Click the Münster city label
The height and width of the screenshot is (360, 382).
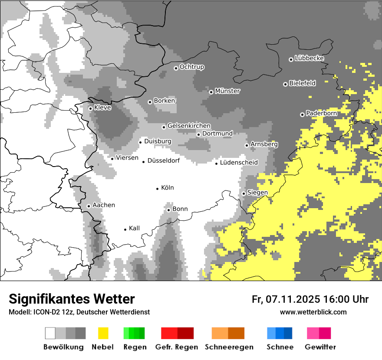point(227,91)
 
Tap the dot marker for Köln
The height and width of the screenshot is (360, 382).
point(158,189)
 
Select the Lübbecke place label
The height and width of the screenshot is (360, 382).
point(309,58)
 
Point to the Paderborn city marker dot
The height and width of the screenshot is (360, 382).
point(302,115)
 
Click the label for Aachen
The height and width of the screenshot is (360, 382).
point(104,205)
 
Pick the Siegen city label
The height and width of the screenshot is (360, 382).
point(257,193)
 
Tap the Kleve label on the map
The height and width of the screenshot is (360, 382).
point(102,108)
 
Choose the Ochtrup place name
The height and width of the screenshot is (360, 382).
point(192,67)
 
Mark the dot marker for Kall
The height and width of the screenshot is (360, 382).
point(125,229)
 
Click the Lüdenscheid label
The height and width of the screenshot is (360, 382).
point(239,163)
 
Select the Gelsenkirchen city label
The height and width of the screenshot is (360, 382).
point(189,126)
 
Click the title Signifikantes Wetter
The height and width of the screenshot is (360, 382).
point(72,299)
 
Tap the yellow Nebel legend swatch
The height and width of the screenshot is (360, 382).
point(103,333)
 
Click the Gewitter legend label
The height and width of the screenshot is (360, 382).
point(320,347)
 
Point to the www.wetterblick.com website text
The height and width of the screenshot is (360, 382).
point(313,312)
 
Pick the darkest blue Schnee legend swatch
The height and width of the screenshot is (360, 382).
point(288,333)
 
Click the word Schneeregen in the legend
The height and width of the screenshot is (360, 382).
point(229,347)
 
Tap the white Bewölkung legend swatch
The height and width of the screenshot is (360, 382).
point(50,333)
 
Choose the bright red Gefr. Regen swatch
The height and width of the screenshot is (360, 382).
point(169,333)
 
